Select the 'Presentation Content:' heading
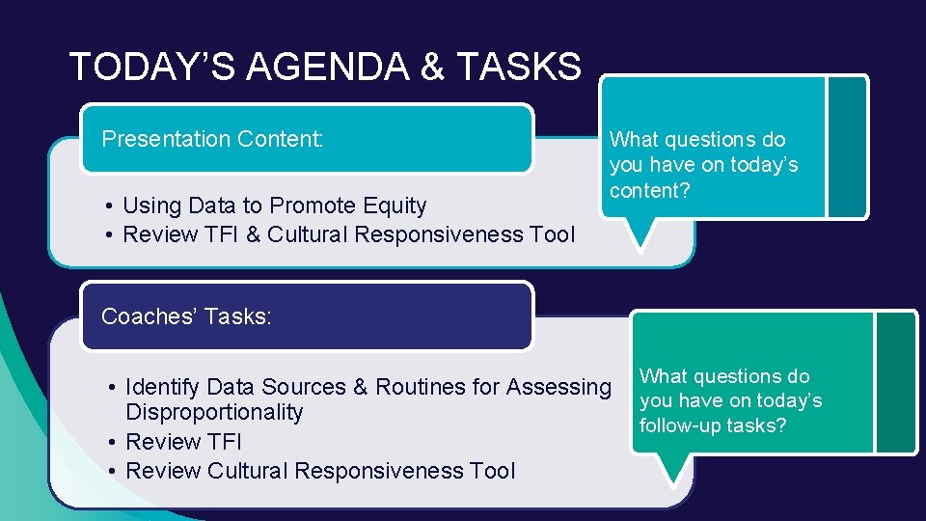(x=211, y=139)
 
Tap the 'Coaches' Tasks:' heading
(x=186, y=315)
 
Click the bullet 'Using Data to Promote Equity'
(x=275, y=206)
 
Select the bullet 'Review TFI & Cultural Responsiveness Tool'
(x=348, y=234)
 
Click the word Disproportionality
(x=214, y=413)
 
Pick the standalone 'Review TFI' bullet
(x=183, y=442)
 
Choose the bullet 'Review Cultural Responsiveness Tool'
(x=320, y=471)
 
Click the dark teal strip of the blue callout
(x=847, y=147)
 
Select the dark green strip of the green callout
(x=896, y=382)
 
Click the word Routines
(x=419, y=388)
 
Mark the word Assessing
(x=558, y=388)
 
